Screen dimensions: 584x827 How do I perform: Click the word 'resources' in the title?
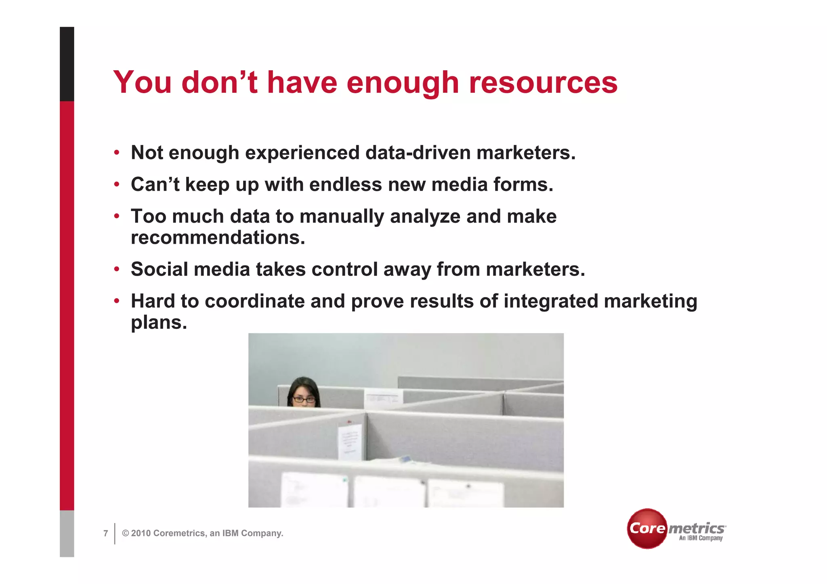click(x=543, y=83)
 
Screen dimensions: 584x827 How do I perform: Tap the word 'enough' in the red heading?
click(x=403, y=84)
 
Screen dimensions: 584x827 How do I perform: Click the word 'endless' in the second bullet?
click(x=345, y=184)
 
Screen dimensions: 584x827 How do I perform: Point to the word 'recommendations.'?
click(x=218, y=238)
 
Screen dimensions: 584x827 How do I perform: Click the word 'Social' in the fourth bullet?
click(x=159, y=269)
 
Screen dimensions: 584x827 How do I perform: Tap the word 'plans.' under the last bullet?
click(x=159, y=322)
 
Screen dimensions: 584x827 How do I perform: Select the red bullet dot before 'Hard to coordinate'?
click(x=117, y=301)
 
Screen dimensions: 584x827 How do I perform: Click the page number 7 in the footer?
click(x=106, y=534)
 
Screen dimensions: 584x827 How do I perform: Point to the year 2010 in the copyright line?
click(x=141, y=534)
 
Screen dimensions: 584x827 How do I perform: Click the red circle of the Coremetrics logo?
click(x=646, y=528)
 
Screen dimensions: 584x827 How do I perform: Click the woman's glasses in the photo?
click(x=304, y=400)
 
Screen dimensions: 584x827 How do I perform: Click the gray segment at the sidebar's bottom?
click(x=67, y=534)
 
